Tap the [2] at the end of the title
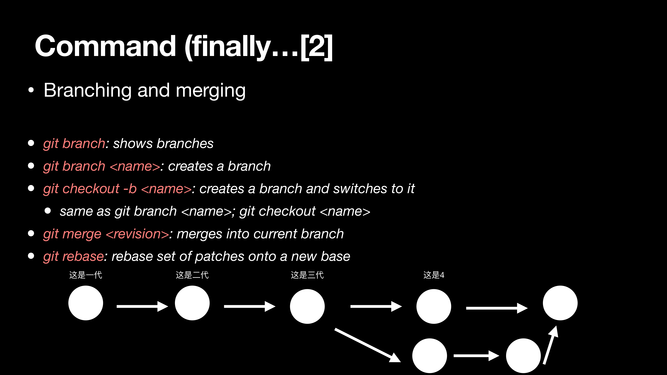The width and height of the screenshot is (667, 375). [316, 47]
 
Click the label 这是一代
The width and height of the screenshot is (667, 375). [86, 275]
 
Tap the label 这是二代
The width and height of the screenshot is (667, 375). [192, 275]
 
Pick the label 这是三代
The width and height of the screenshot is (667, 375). [307, 275]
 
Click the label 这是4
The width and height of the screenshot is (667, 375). [434, 275]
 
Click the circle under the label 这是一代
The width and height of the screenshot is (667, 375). [86, 303]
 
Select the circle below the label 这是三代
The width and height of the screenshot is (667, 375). [307, 306]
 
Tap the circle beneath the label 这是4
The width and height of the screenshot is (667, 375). [434, 306]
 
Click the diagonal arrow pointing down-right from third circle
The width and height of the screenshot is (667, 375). [368, 345]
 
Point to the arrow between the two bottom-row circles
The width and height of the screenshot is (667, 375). [476, 356]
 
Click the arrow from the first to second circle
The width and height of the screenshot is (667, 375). [142, 306]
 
